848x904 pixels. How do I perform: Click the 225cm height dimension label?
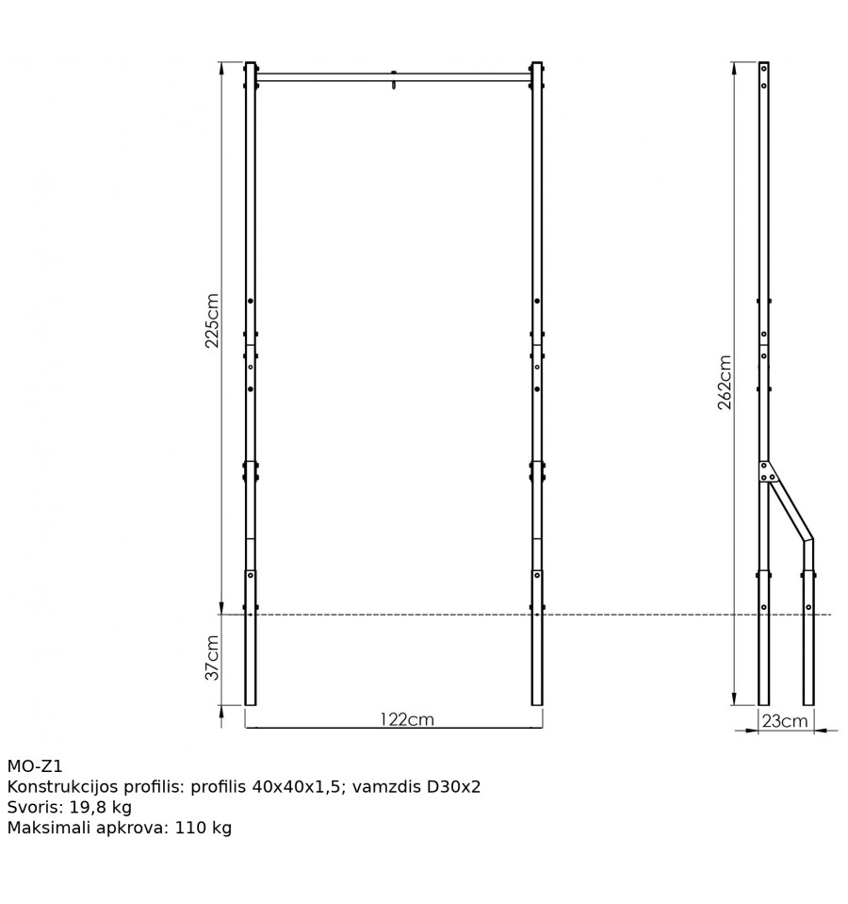(213, 321)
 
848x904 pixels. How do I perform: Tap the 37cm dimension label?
(213, 658)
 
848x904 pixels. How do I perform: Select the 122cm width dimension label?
(407, 719)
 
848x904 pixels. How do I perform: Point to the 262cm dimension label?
(725, 382)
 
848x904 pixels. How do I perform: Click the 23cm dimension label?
(785, 721)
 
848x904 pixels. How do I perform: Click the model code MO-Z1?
(35, 766)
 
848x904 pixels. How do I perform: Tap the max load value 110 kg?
(203, 828)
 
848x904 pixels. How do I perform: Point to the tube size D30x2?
(453, 787)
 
